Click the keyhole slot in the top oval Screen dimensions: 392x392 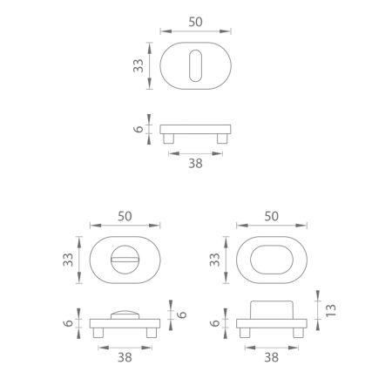click(195, 67)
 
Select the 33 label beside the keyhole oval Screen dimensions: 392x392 click(139, 67)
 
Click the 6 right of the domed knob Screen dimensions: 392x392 click(183, 314)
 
